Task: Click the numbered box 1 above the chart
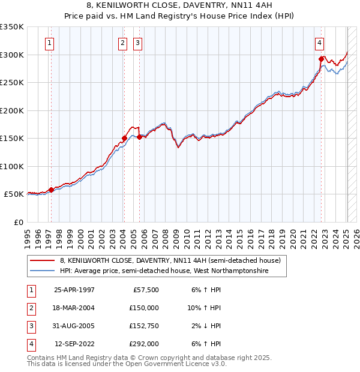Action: [x=49, y=43]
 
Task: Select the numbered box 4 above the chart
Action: [x=320, y=43]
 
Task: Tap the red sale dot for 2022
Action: [x=321, y=59]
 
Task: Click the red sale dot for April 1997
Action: [x=52, y=190]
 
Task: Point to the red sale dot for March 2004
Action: [x=125, y=138]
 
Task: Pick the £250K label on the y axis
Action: [x=12, y=83]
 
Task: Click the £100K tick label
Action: [x=12, y=166]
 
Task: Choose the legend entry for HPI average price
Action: [x=164, y=271]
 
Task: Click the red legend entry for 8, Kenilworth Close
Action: [x=170, y=261]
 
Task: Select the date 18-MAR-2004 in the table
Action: [x=74, y=308]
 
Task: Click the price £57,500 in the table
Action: [x=145, y=290]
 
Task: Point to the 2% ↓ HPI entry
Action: [x=207, y=326]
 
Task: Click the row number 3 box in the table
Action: [x=29, y=326]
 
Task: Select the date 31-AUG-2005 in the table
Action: [x=74, y=326]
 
